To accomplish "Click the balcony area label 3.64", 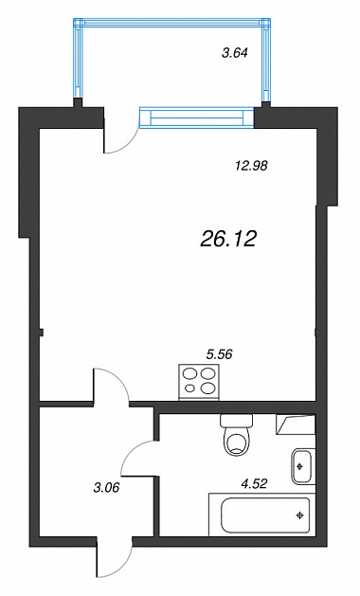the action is (235, 52).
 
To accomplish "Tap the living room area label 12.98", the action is (251, 165).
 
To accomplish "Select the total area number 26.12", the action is (228, 239).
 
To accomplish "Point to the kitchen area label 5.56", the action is (219, 354).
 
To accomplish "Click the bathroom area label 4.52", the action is (254, 483).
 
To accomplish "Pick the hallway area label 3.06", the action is (106, 487).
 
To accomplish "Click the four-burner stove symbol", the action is (199, 382).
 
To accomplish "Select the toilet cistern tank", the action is (236, 421).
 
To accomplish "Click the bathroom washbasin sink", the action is (303, 466).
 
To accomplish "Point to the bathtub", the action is (262, 515).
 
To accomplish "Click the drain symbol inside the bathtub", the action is (300, 515).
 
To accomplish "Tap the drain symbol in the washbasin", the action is (300, 466).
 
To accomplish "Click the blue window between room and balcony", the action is (197, 117).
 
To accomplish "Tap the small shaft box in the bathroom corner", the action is (296, 424).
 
